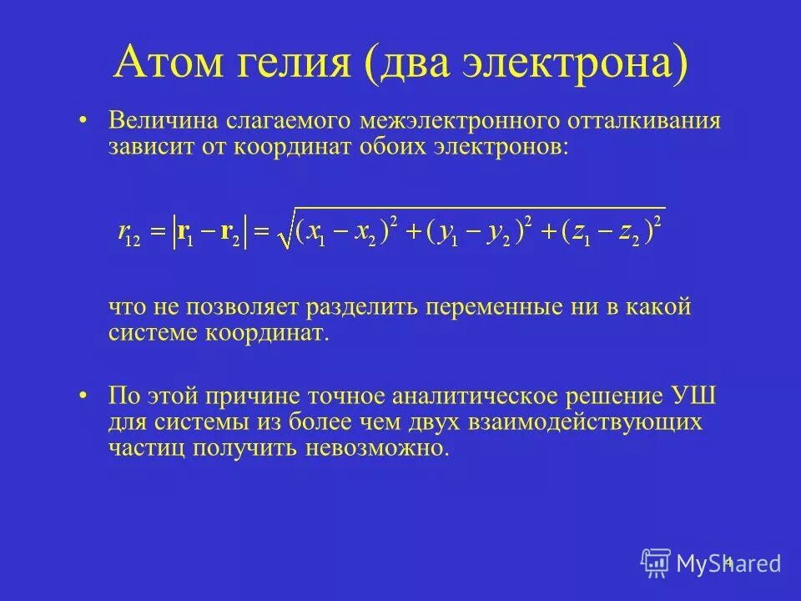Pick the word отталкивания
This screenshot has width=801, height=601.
click(642, 122)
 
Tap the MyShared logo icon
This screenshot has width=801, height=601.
click(656, 563)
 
